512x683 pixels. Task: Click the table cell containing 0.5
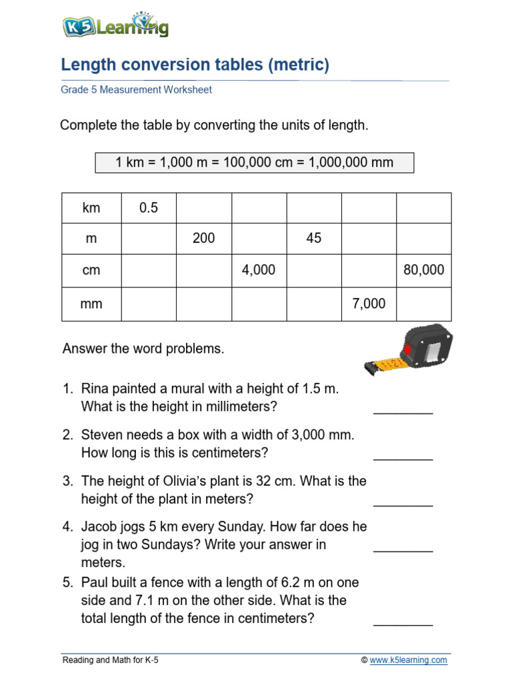(x=149, y=208)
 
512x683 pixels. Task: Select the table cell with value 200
(x=203, y=238)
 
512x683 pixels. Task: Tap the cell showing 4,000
(x=259, y=269)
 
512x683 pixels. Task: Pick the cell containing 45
(x=314, y=238)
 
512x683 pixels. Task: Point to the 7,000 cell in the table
(x=369, y=303)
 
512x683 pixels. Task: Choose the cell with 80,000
(x=424, y=269)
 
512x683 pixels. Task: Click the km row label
(x=91, y=208)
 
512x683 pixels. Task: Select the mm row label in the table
(x=91, y=303)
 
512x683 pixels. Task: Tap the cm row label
(x=91, y=269)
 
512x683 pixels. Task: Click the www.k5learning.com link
(x=409, y=660)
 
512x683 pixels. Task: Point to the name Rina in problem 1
(x=94, y=389)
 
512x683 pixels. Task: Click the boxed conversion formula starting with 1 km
(x=254, y=162)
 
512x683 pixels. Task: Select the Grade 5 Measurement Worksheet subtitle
(x=136, y=89)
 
